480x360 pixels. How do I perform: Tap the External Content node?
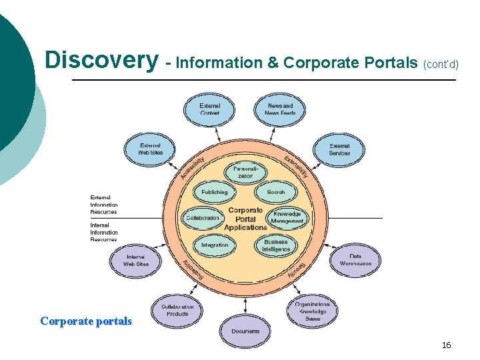[209, 109]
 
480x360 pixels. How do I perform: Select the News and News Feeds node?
[280, 109]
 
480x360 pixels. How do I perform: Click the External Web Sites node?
[151, 149]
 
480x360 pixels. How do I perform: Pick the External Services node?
[339, 149]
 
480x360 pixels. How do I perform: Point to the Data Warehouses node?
[355, 259]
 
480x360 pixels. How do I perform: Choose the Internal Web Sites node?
[136, 260]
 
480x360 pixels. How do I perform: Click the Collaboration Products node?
[177, 310]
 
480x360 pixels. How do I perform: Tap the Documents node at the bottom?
[245, 331]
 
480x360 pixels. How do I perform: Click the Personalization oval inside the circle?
[245, 172]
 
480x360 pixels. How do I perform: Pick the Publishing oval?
[215, 192]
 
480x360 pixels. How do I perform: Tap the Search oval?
[275, 192]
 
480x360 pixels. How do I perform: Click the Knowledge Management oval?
[287, 218]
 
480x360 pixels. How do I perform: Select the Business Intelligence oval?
[276, 245]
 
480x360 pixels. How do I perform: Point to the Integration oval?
[215, 245]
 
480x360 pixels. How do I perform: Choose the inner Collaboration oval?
[202, 218]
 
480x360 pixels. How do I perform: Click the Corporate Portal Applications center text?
[245, 219]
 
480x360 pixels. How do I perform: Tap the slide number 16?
[446, 345]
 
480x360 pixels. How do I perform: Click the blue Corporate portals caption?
[86, 321]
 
